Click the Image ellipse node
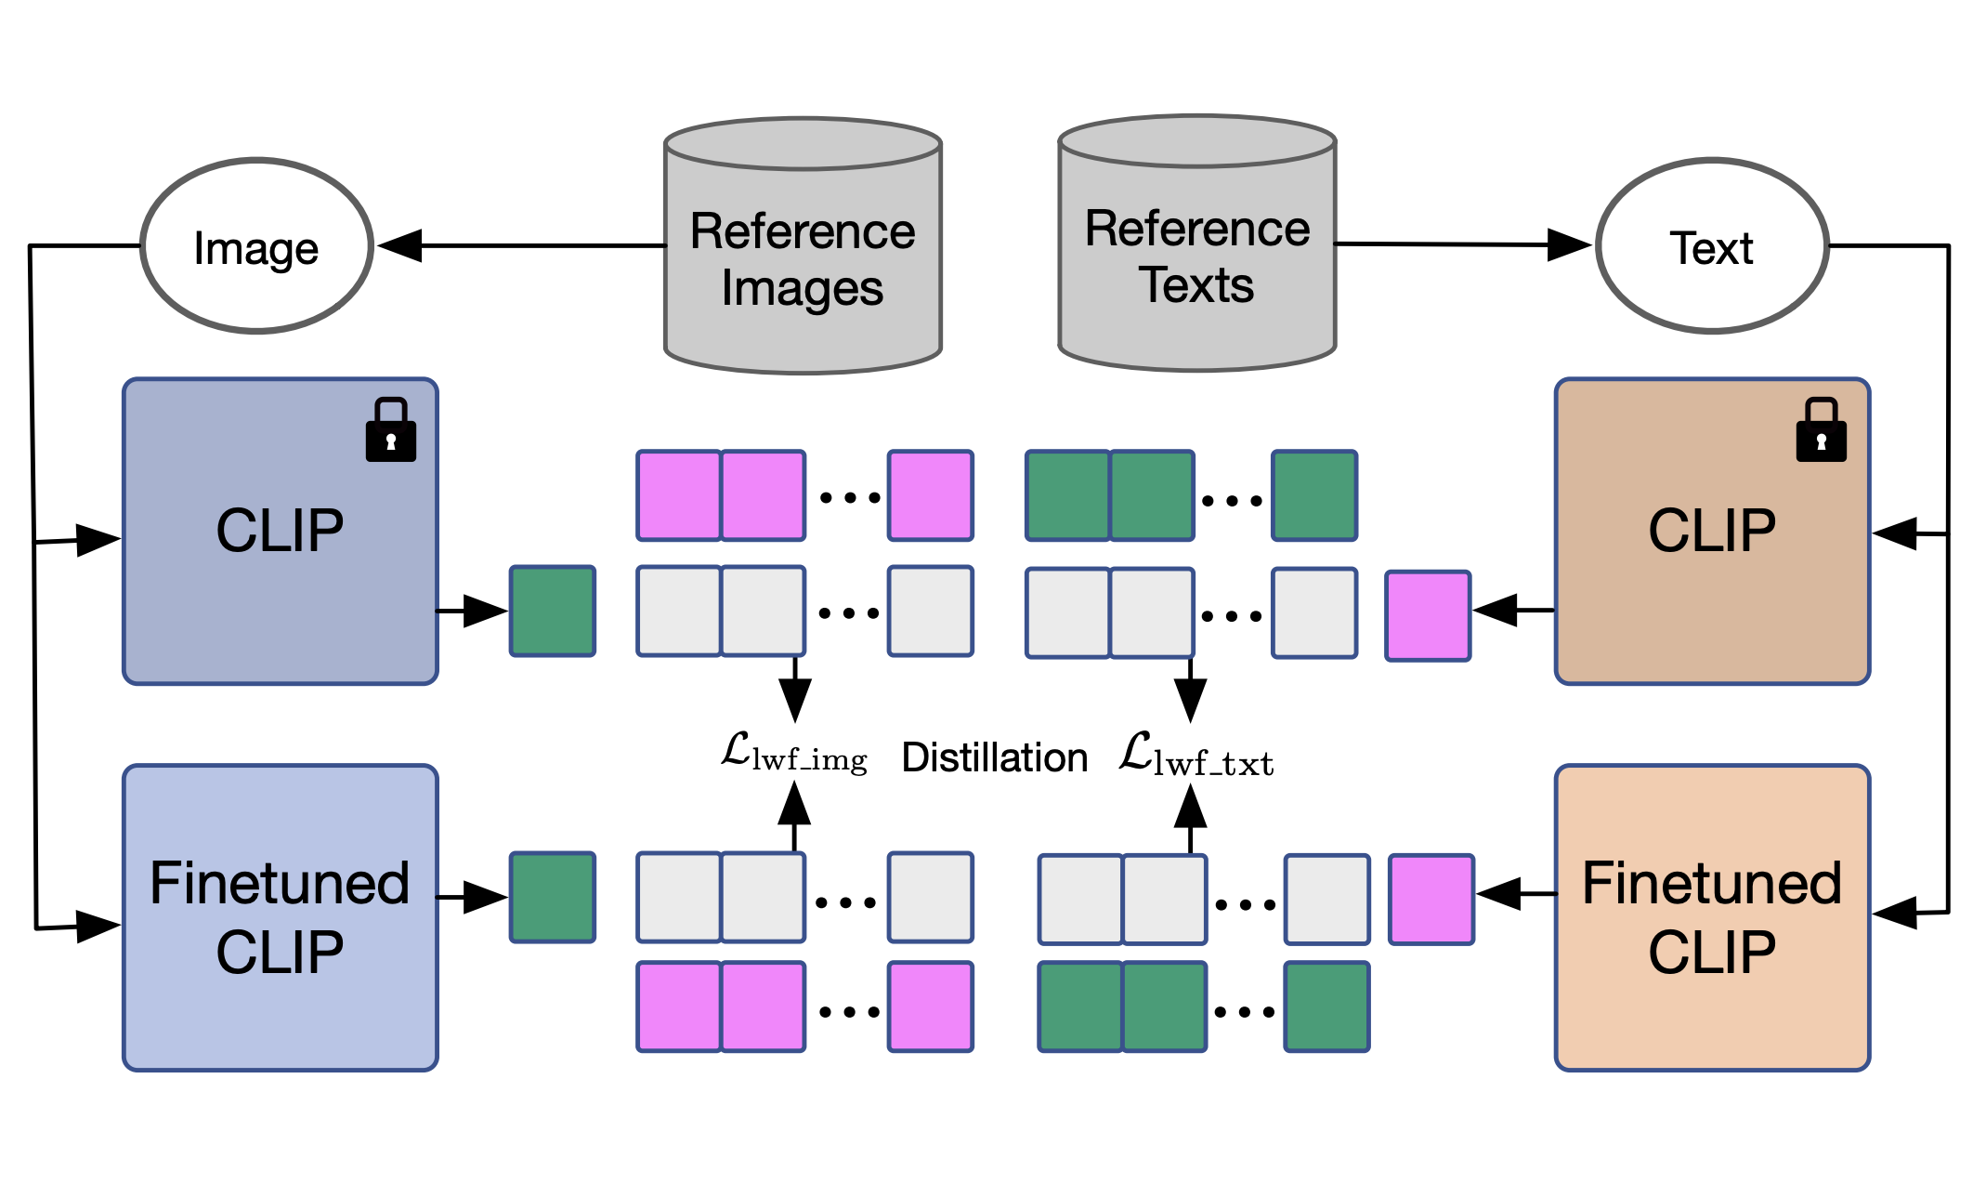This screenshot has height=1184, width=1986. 256,246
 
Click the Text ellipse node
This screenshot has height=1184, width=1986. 1712,246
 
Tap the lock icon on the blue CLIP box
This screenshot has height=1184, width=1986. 391,430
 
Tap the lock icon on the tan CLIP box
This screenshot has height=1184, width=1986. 1821,430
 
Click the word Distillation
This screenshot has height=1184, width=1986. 994,757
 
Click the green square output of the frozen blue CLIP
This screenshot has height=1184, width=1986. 553,612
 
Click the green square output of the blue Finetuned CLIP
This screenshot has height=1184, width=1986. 553,898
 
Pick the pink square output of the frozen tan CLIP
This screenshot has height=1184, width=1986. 1428,616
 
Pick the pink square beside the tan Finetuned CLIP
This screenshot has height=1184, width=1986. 1431,900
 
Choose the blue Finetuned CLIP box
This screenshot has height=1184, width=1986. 281,918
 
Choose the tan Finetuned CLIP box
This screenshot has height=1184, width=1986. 1712,918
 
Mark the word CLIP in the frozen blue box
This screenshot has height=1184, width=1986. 280,531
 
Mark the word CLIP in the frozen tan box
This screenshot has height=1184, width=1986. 1712,531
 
